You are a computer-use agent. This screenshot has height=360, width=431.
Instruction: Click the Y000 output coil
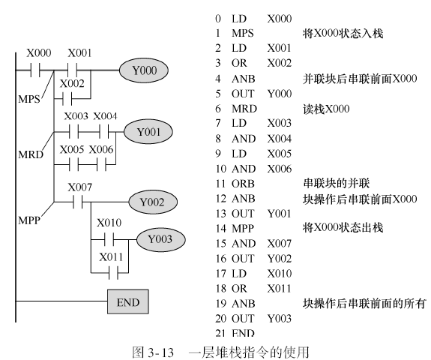coord(144,70)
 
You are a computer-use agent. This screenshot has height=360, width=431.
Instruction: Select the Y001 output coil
coord(148,132)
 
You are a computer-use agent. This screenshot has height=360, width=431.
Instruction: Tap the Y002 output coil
coord(153,202)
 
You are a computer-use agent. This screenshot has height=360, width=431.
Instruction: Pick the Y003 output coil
coord(161,239)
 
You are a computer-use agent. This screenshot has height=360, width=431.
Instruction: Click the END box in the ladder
coord(128,301)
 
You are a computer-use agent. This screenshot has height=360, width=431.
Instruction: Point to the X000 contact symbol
coord(35,70)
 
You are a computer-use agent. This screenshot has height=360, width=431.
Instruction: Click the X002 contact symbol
coord(67,99)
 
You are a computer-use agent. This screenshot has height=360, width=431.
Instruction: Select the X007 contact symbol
coord(78,202)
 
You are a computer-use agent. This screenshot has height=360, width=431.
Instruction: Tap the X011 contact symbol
coord(113,273)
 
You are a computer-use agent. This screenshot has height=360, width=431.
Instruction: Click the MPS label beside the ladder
coord(29,99)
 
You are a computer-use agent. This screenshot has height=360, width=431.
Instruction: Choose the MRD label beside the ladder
coord(31,154)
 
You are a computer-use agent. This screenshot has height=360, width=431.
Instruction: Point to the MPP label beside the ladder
coord(29,220)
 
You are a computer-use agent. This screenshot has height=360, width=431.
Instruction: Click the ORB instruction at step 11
coord(243,184)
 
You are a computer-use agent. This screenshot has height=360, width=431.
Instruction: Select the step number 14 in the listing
coord(220,229)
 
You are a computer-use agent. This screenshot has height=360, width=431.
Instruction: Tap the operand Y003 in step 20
coord(280,319)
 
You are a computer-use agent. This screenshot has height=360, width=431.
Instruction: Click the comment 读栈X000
coord(326,109)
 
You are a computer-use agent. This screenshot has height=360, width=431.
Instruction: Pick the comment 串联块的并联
coord(336,183)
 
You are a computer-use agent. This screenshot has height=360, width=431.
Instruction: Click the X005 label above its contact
coord(72,149)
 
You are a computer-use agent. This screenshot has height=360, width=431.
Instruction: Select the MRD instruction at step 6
coord(244,109)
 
